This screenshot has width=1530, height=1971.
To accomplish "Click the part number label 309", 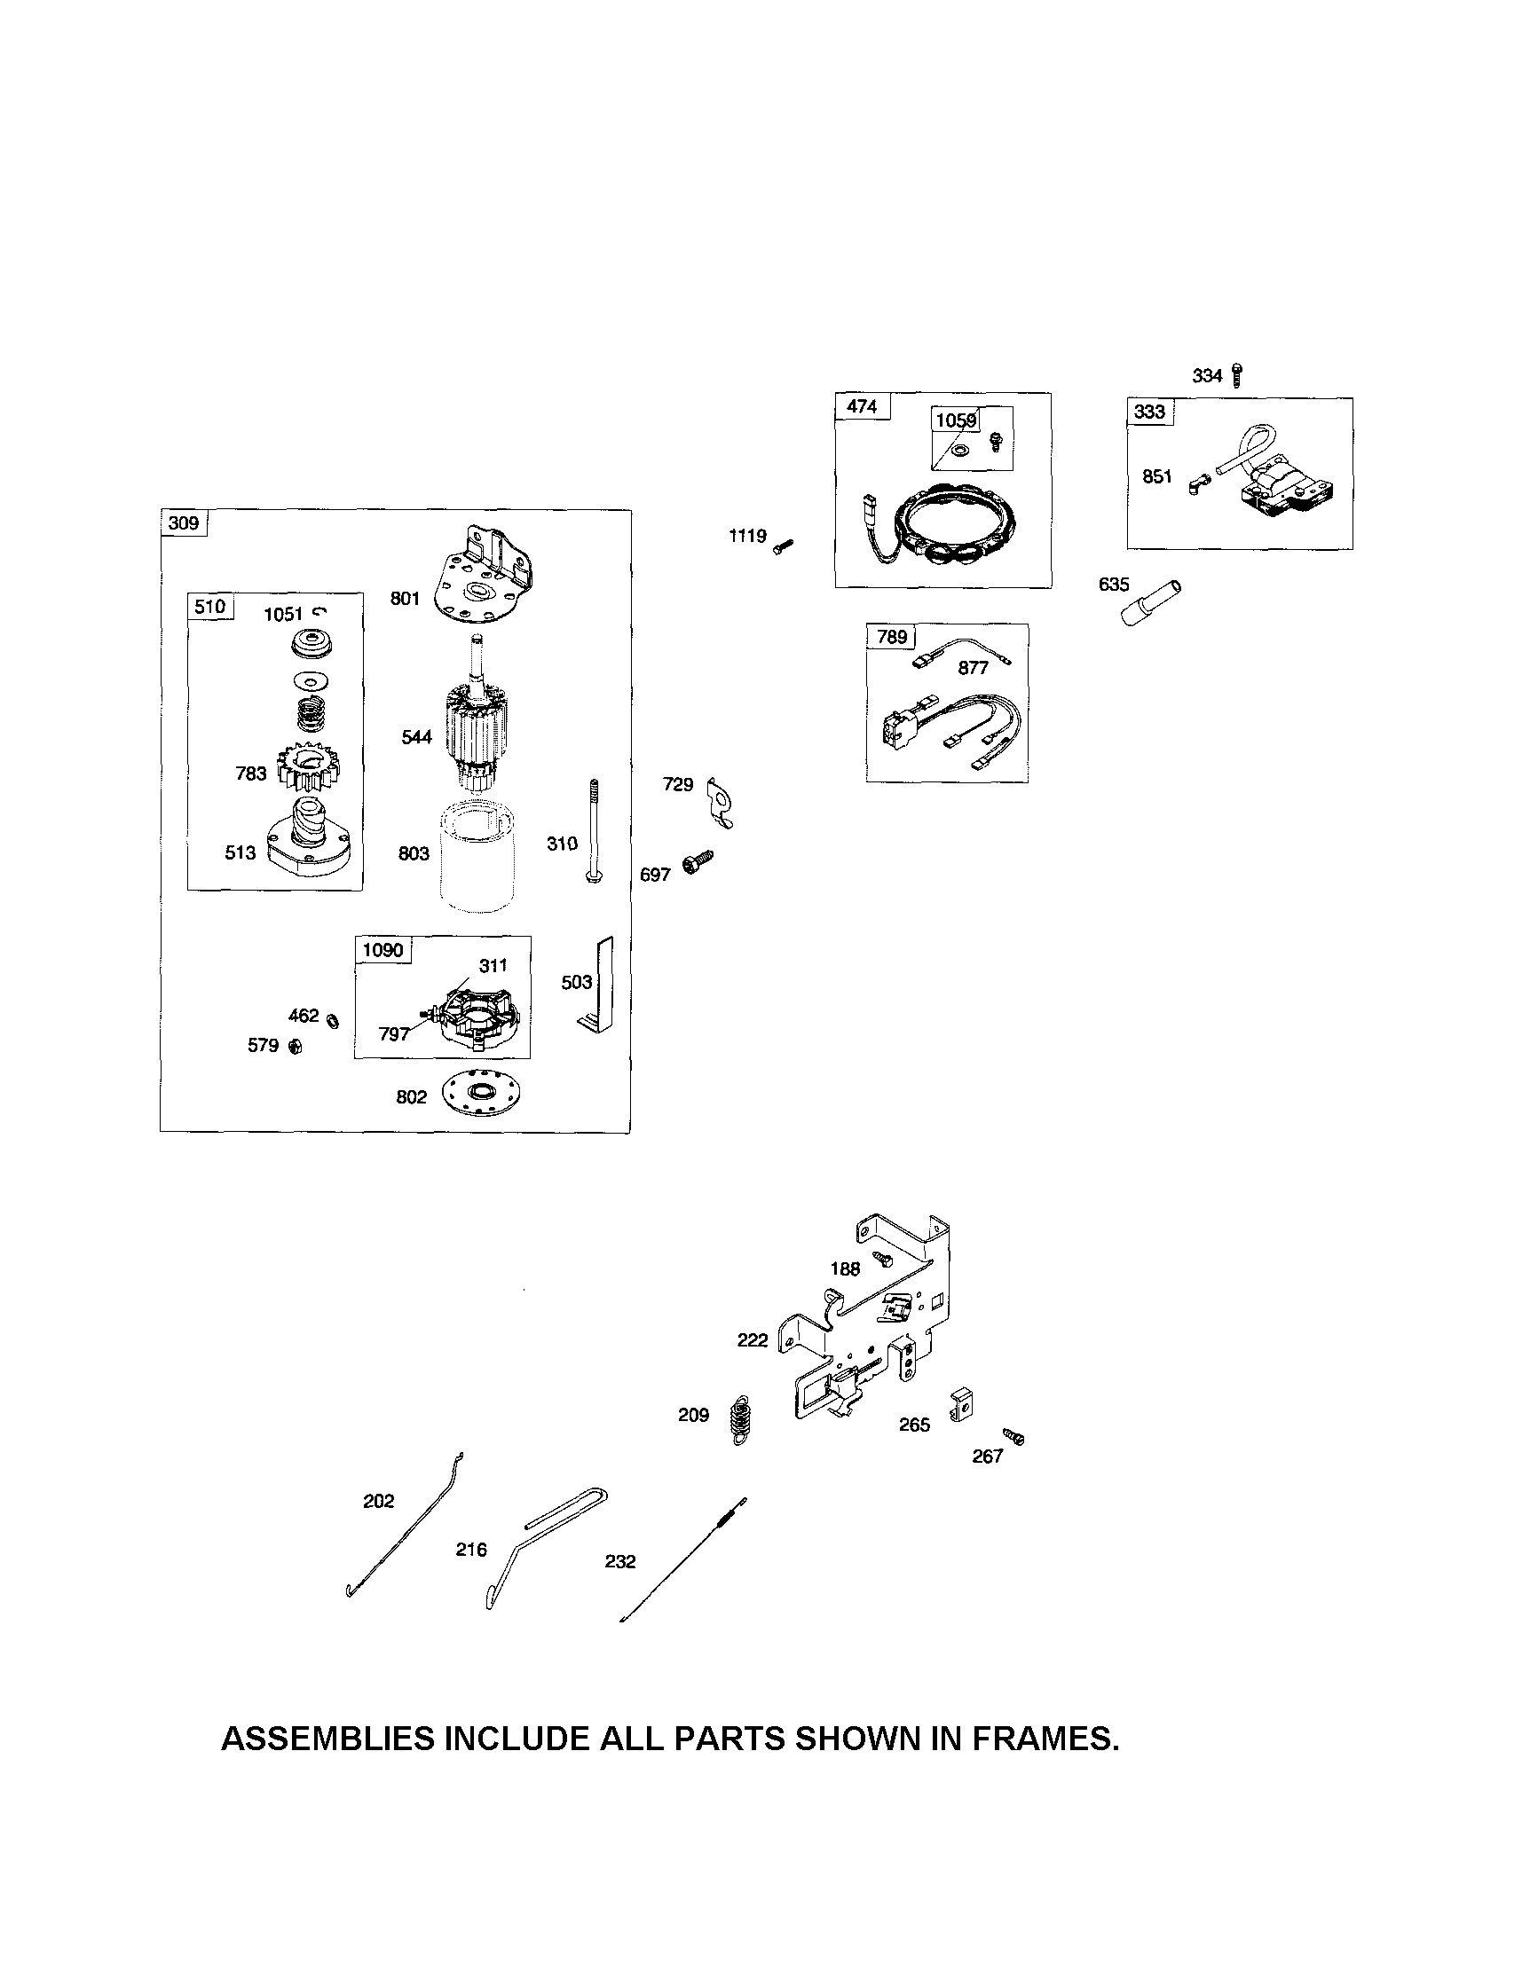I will pyautogui.click(x=183, y=523).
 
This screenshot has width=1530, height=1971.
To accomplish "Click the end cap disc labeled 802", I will pyautogui.click(x=483, y=1095).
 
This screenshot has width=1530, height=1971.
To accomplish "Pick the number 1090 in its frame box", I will pyautogui.click(x=382, y=950).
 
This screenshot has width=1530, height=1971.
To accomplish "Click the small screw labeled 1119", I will pyautogui.click(x=783, y=546).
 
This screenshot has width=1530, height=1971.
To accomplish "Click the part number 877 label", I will pyautogui.click(x=973, y=668).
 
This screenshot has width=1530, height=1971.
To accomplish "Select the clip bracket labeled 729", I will pyautogui.click(x=722, y=800).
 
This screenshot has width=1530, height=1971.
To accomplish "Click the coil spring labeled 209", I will pyautogui.click(x=741, y=1420).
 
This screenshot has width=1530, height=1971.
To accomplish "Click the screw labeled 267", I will pyautogui.click(x=1013, y=1436).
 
